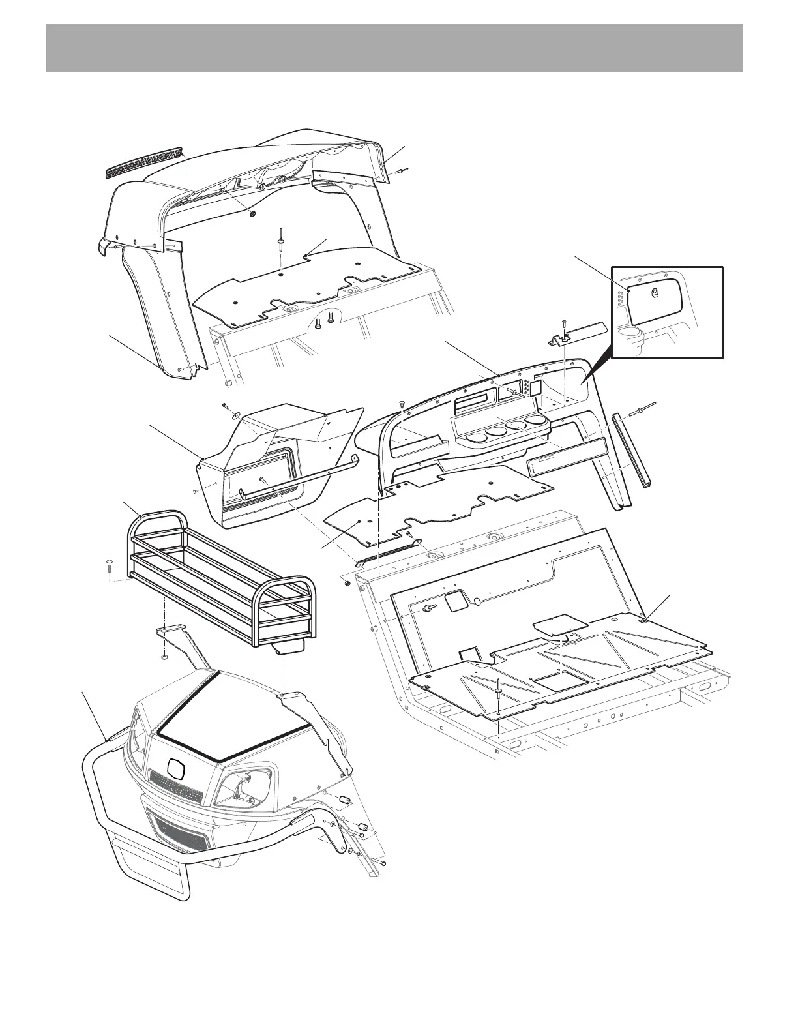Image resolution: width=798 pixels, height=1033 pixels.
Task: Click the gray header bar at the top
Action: click(x=394, y=48)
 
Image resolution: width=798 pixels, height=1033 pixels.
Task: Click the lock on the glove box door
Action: click(x=657, y=293)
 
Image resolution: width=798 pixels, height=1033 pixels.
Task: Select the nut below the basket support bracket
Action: click(x=165, y=657)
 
